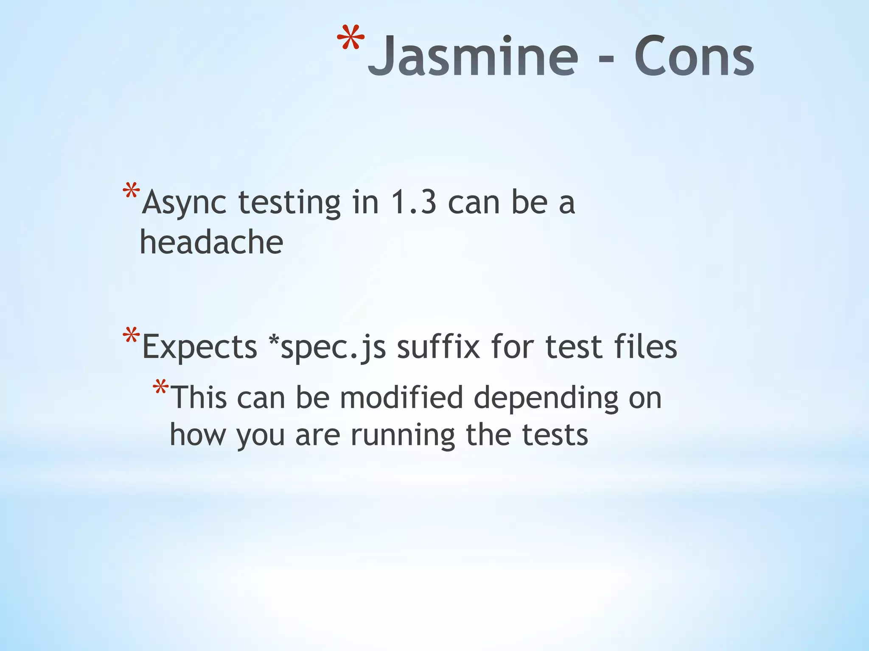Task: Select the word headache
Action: [x=211, y=243]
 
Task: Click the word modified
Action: [x=401, y=398]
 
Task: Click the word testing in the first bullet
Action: [x=289, y=203]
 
